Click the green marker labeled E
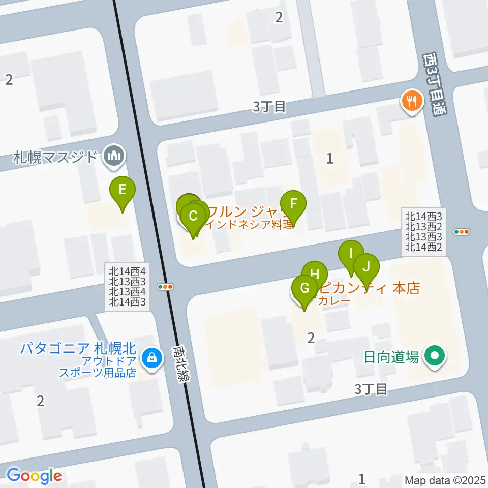click(123, 190)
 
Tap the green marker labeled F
click(293, 204)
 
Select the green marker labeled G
click(305, 289)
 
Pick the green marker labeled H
click(315, 274)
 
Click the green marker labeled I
click(351, 253)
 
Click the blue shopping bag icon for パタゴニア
click(151, 358)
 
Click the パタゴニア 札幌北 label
click(78, 349)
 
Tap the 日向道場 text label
click(391, 357)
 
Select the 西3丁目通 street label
click(434, 85)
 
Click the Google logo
click(34, 476)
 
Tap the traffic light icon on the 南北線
click(166, 287)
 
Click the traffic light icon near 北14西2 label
click(462, 232)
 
